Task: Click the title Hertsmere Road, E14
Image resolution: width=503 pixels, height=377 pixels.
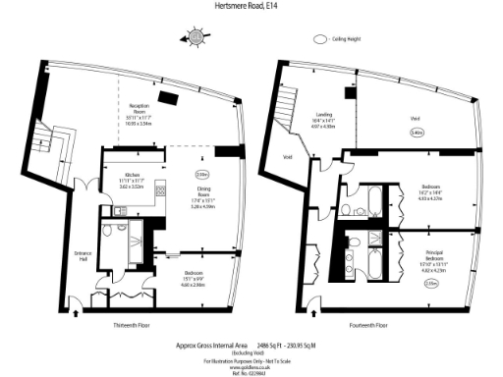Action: click(x=251, y=6)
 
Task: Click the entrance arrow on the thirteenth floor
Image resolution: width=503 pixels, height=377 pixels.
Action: click(x=77, y=315)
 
